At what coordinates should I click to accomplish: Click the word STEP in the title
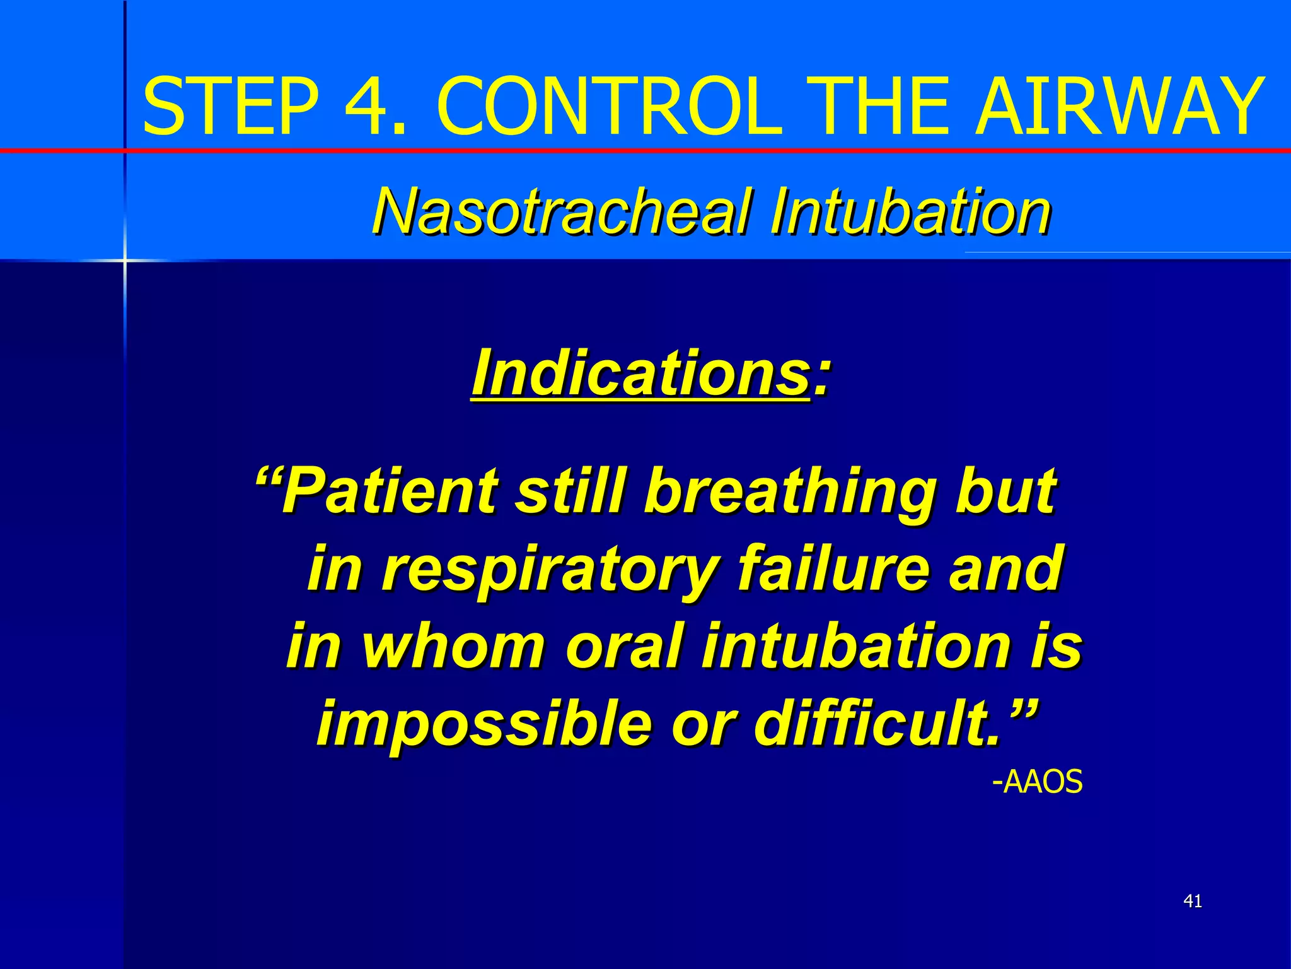231,106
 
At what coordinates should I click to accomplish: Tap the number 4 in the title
369,106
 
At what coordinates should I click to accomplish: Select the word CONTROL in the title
609,106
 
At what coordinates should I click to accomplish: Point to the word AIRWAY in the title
1120,106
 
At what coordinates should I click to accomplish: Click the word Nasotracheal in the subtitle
561,211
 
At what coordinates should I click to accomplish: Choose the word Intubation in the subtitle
910,211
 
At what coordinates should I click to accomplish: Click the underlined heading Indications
640,373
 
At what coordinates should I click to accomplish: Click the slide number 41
1192,901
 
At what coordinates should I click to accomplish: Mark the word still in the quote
571,491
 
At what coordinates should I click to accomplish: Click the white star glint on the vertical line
124,260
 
